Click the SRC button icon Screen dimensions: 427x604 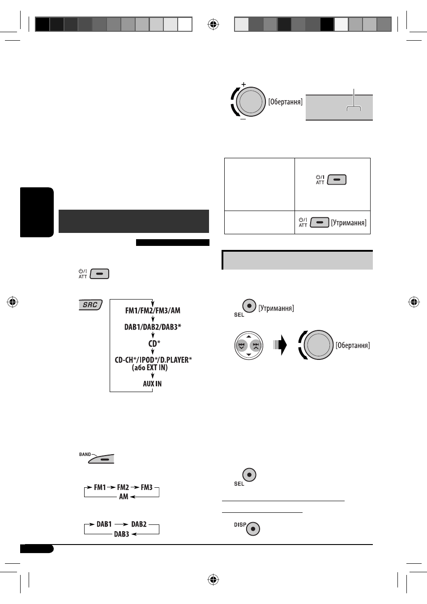(x=91, y=305)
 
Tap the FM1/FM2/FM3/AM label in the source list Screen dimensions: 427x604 (x=153, y=311)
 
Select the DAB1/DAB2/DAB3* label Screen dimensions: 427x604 (x=153, y=327)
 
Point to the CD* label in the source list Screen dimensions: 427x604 (x=154, y=343)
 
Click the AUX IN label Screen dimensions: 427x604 (x=152, y=384)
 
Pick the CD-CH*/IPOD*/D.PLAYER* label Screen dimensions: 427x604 (x=154, y=360)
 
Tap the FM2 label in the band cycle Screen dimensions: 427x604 (x=123, y=487)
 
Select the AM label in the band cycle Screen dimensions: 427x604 (x=124, y=496)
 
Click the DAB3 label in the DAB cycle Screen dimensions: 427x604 (x=121, y=534)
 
